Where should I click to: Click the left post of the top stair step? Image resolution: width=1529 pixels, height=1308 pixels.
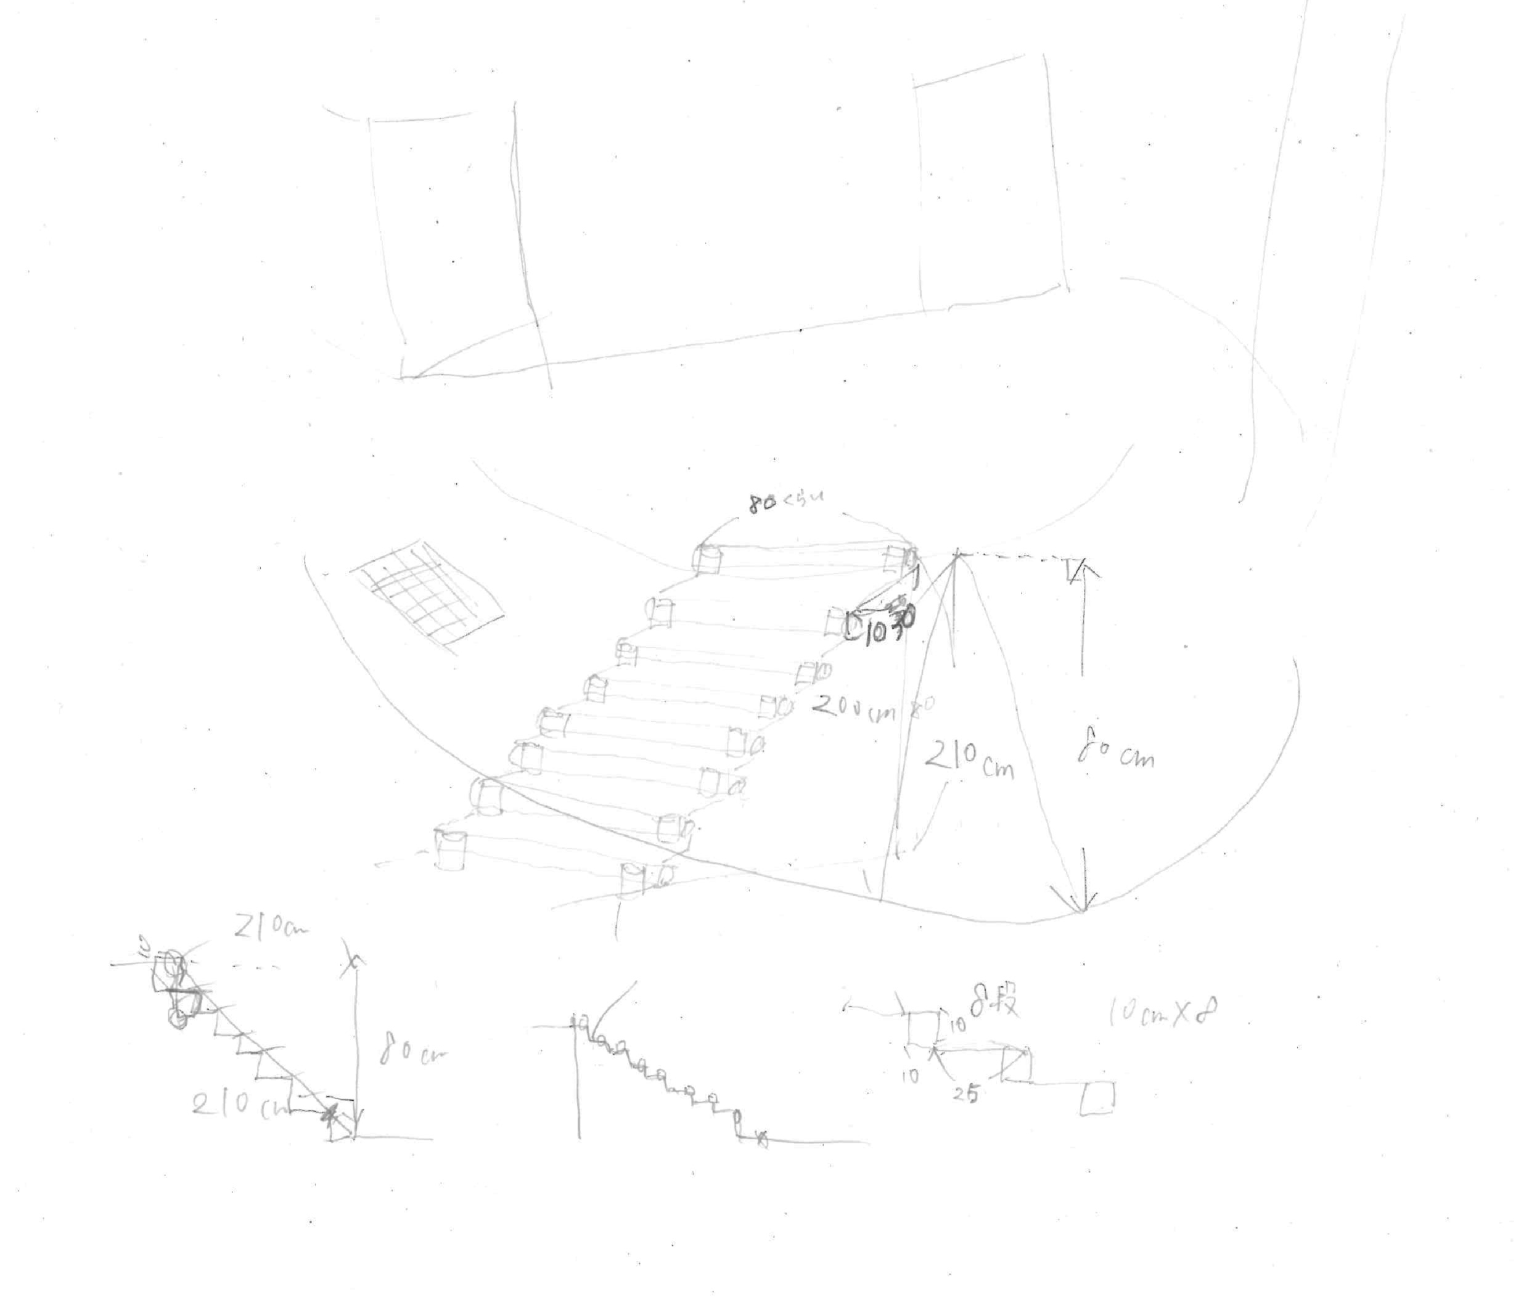(x=707, y=558)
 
